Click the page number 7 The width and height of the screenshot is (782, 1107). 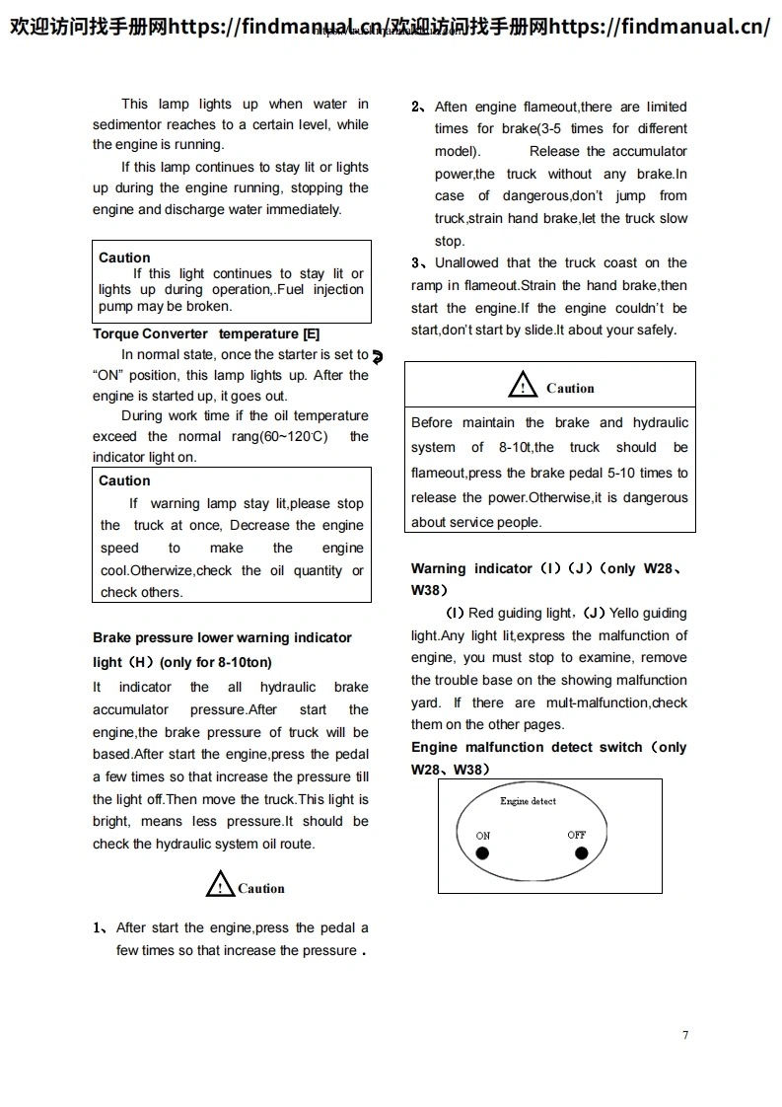pyautogui.click(x=685, y=1035)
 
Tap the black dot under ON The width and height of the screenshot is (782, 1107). pyautogui.click(x=482, y=853)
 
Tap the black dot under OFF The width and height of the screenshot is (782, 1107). pyautogui.click(x=580, y=852)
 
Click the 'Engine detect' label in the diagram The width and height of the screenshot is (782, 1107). pyautogui.click(x=528, y=801)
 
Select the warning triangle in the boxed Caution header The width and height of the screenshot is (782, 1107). pyautogui.click(x=523, y=386)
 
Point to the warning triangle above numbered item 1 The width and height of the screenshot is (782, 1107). pyautogui.click(x=220, y=884)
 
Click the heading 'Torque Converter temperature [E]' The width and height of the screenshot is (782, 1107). pyautogui.click(x=206, y=333)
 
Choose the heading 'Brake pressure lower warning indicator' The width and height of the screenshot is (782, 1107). pyautogui.click(x=222, y=638)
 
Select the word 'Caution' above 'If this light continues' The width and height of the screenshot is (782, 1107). pyautogui.click(x=124, y=258)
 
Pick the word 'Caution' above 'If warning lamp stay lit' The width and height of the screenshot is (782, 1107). pyautogui.click(x=124, y=480)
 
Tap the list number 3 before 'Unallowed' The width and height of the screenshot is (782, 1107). pyautogui.click(x=416, y=263)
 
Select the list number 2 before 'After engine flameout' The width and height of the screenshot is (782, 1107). pyautogui.click(x=416, y=107)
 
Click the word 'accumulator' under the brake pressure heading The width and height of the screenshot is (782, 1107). pyautogui.click(x=130, y=709)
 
